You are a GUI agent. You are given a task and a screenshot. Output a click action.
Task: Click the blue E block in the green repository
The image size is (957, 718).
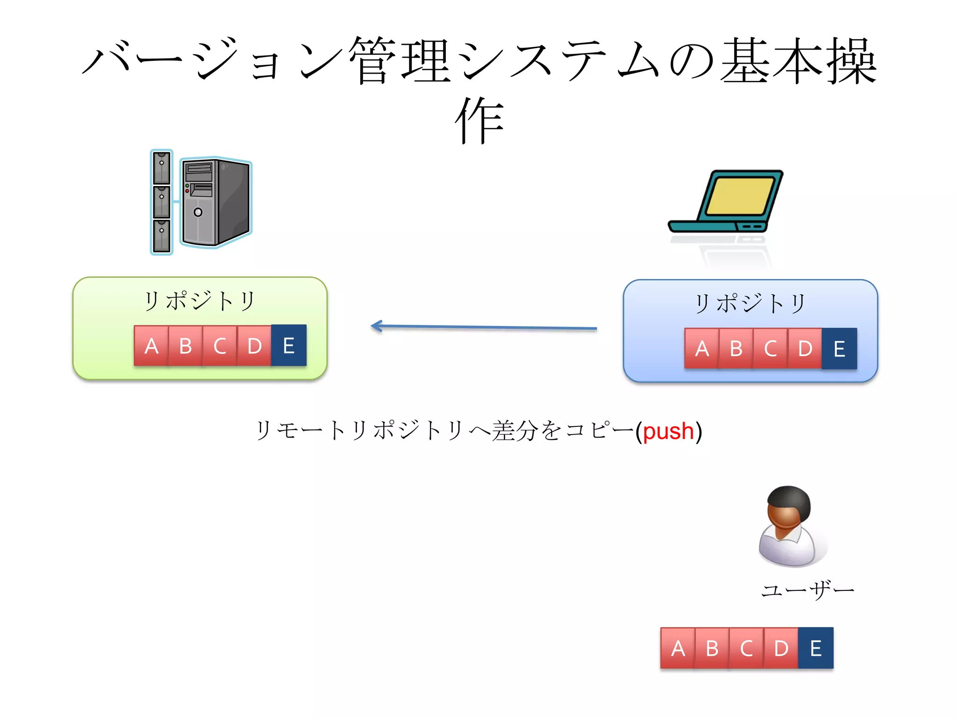(288, 345)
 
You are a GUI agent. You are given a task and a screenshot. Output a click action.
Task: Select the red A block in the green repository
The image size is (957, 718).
(151, 346)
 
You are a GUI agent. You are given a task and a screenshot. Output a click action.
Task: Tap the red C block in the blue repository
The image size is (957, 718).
(770, 349)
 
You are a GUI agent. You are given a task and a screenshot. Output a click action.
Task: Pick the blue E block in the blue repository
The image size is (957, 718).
(839, 349)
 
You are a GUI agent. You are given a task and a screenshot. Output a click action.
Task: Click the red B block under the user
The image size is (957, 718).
(712, 648)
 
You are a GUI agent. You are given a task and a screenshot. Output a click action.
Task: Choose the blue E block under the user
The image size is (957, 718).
(816, 648)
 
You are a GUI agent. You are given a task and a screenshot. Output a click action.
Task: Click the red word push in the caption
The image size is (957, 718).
(668, 431)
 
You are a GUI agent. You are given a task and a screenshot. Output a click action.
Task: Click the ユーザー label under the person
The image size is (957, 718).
(807, 590)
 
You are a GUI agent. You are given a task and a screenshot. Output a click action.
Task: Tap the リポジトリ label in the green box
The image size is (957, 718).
(200, 301)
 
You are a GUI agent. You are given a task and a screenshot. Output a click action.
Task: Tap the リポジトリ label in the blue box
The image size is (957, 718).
(750, 303)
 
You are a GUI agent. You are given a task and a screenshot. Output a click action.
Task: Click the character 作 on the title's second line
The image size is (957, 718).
(479, 121)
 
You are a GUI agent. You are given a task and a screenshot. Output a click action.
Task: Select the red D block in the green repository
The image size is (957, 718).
(254, 346)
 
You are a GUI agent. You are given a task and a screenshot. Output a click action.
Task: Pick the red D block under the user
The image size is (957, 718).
(781, 648)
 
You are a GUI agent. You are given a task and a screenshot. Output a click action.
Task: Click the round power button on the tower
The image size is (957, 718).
(198, 212)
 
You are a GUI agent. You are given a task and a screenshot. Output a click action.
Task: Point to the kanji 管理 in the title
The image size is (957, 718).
(400, 61)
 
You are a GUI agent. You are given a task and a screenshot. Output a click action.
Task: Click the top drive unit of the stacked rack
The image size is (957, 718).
(162, 167)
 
